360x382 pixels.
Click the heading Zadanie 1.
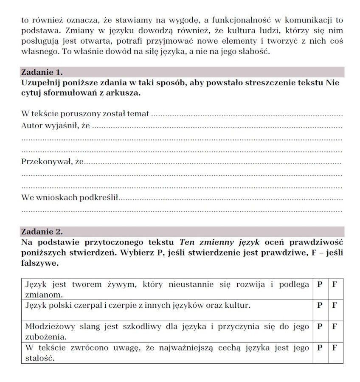(42, 72)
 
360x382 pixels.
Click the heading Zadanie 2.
(42, 231)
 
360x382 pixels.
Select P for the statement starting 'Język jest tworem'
(319, 284)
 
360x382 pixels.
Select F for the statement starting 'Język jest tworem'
(335, 284)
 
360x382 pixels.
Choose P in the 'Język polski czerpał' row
(319, 305)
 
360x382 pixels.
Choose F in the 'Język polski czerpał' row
(335, 305)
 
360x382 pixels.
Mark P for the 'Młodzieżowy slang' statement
(319, 326)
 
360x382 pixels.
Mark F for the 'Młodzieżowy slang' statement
(335, 326)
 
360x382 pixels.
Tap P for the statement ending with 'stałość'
(319, 348)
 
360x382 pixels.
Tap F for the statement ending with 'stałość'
(335, 348)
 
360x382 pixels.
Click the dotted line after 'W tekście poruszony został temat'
(246, 115)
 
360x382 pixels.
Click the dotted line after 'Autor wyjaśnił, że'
(217, 126)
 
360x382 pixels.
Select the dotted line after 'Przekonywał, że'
(212, 163)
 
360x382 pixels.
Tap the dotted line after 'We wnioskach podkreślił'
(231, 199)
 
